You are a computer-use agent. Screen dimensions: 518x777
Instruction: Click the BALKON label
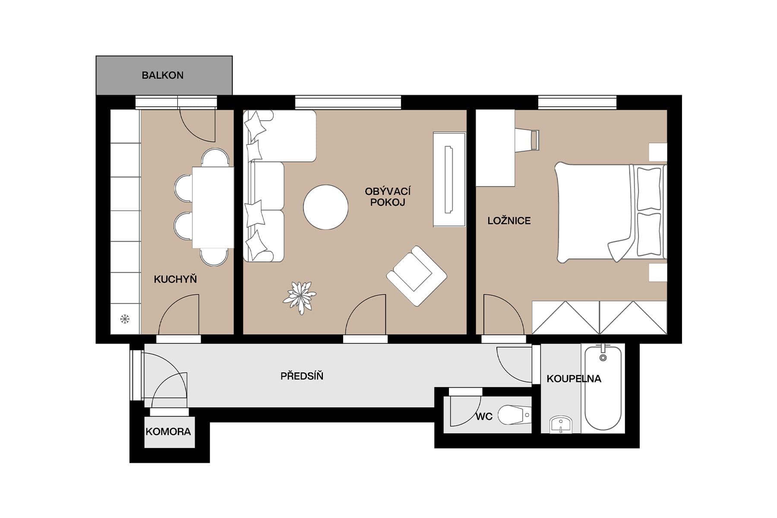[163, 76]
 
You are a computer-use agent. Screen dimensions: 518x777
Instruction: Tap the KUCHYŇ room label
[175, 279]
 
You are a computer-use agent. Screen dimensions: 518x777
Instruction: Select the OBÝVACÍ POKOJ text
[387, 197]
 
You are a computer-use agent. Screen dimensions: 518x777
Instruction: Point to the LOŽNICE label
[509, 221]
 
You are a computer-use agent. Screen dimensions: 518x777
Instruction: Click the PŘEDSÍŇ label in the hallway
[302, 376]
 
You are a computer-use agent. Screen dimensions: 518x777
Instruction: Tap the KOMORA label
[168, 432]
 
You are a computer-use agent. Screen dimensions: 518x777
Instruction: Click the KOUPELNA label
[574, 379]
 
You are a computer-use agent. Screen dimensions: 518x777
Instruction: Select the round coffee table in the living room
[325, 207]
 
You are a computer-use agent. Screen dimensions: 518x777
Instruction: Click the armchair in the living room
[416, 276]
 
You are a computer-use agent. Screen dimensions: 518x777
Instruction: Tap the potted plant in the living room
[300, 297]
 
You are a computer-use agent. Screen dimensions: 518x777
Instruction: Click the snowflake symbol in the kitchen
[125, 319]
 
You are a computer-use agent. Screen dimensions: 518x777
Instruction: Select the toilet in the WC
[514, 415]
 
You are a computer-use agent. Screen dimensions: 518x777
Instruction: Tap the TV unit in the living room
[449, 180]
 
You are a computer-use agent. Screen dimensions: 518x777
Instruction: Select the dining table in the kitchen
[213, 207]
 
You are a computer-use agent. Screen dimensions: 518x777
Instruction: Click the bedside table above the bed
[658, 152]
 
